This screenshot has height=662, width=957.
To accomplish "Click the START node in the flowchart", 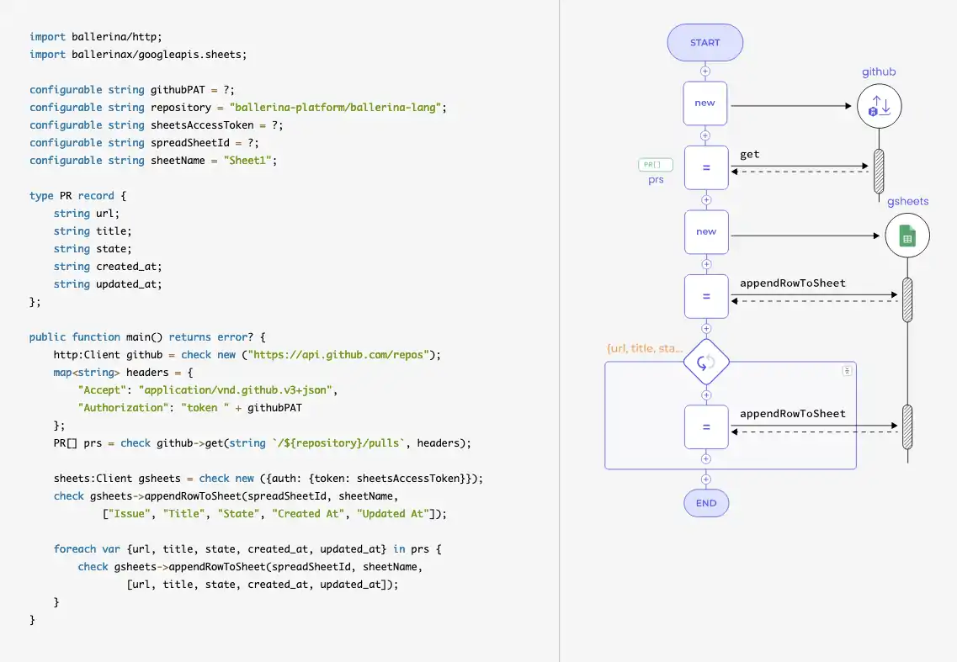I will pyautogui.click(x=705, y=43).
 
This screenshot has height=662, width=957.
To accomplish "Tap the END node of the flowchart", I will pyautogui.click(x=706, y=503).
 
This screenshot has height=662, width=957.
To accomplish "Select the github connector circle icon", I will pyautogui.click(x=879, y=107).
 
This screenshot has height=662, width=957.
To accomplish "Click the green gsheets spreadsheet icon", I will pyautogui.click(x=907, y=236).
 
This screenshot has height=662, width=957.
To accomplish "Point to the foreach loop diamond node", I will pyautogui.click(x=706, y=362).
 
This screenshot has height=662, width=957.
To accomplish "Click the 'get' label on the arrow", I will pyautogui.click(x=750, y=155).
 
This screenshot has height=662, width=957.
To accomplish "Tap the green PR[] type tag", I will pyautogui.click(x=656, y=165).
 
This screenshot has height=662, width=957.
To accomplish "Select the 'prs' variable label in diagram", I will pyautogui.click(x=656, y=180).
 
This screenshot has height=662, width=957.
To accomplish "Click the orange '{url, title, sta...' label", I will pyautogui.click(x=645, y=348).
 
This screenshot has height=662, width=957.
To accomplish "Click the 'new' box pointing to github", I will pyautogui.click(x=705, y=103).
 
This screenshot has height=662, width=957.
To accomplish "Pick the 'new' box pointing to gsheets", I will pyautogui.click(x=706, y=232).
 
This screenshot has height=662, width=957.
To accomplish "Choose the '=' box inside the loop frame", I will pyautogui.click(x=706, y=427).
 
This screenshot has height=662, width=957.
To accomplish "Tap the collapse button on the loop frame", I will pyautogui.click(x=848, y=370).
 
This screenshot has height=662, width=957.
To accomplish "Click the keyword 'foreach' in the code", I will pyautogui.click(x=75, y=548).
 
